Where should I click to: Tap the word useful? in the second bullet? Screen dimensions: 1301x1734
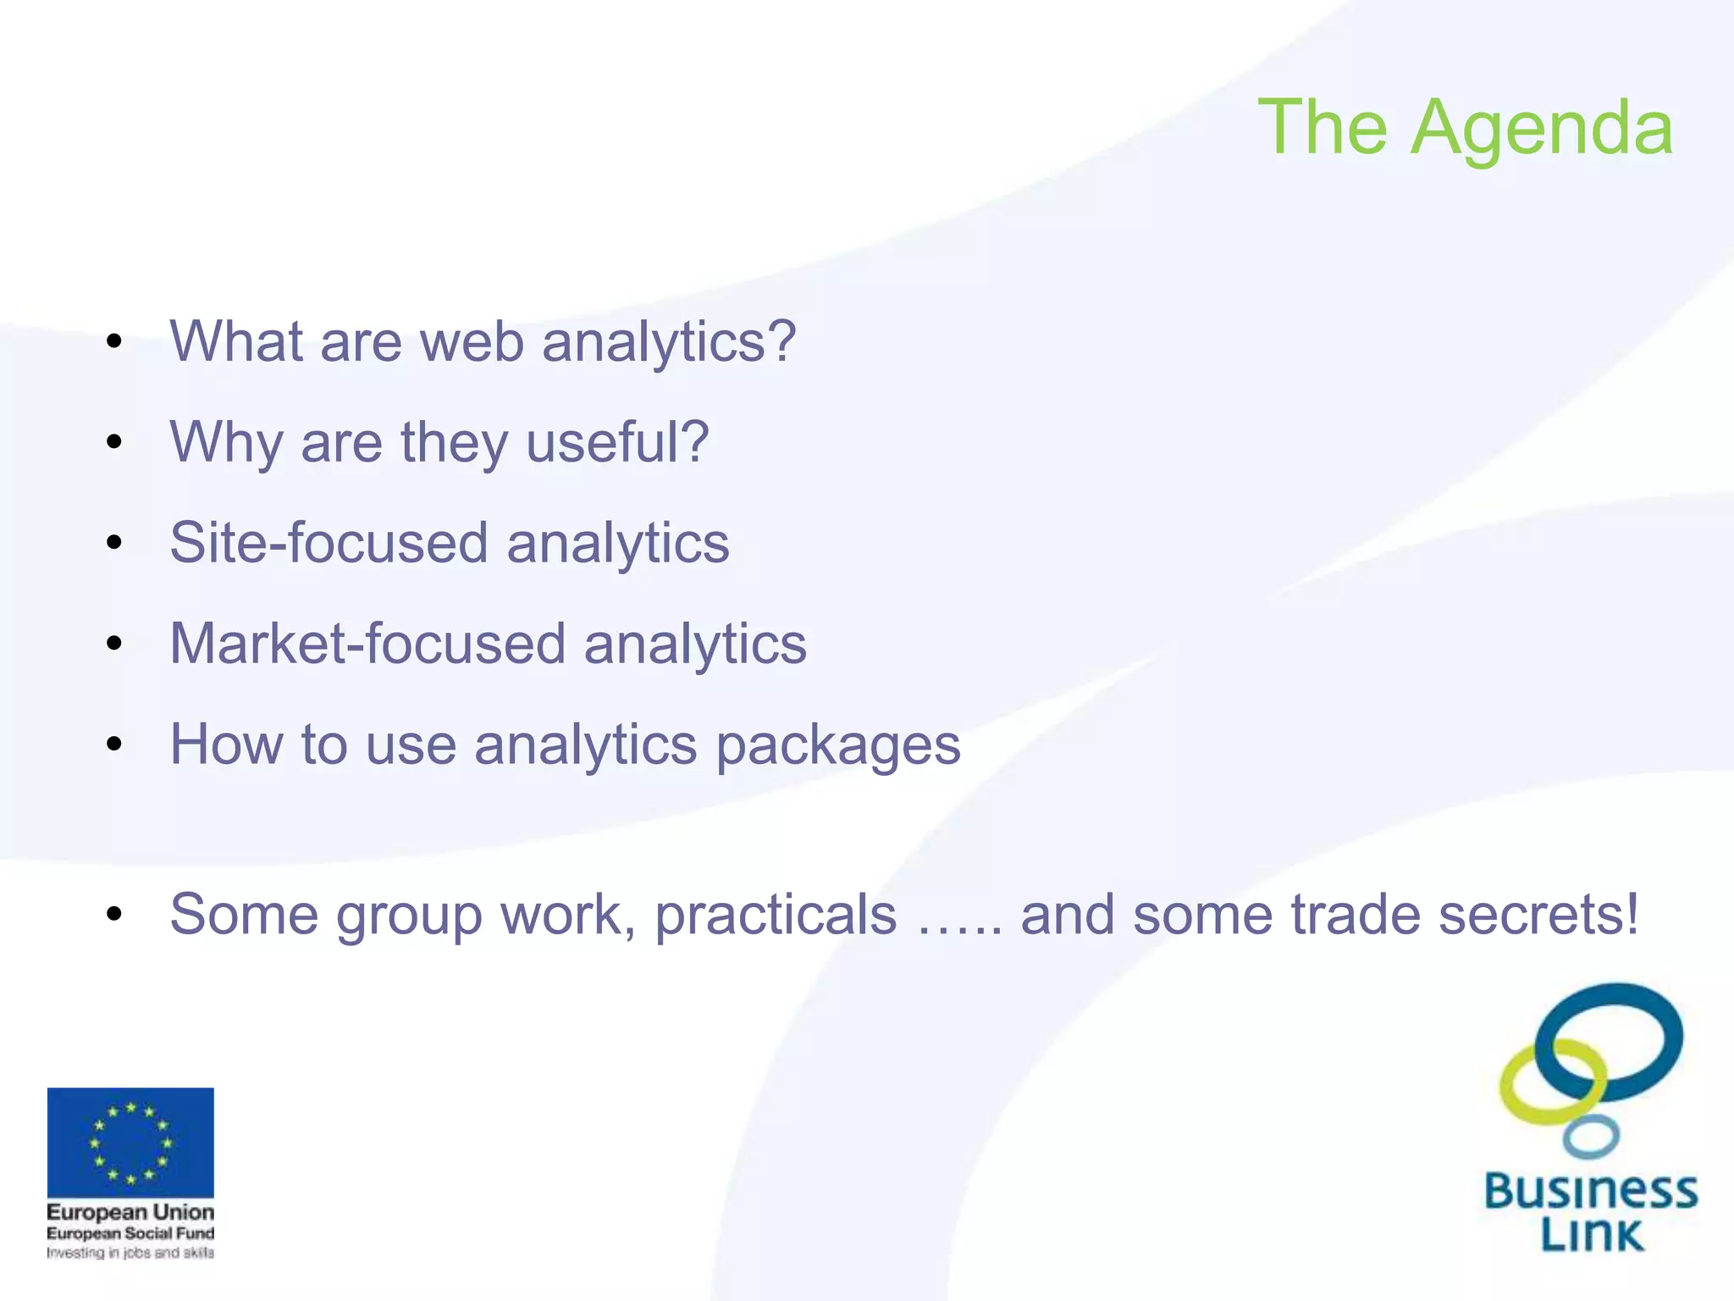[617, 442]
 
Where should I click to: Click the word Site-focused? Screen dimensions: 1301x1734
[329, 543]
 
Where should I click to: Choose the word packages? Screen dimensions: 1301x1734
[838, 746]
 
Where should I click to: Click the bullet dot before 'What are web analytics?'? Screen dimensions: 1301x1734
[114, 342]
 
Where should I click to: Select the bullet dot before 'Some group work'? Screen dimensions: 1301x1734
[114, 915]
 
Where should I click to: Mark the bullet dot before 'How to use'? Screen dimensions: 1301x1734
[114, 745]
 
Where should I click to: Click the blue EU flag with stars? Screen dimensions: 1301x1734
[130, 1142]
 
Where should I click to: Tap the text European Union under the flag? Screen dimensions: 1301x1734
[130, 1212]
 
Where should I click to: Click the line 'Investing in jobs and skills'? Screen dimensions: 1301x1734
[130, 1253]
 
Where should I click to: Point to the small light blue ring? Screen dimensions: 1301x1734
[1591, 1138]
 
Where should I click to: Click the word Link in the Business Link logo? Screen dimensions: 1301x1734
[1591, 1235]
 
